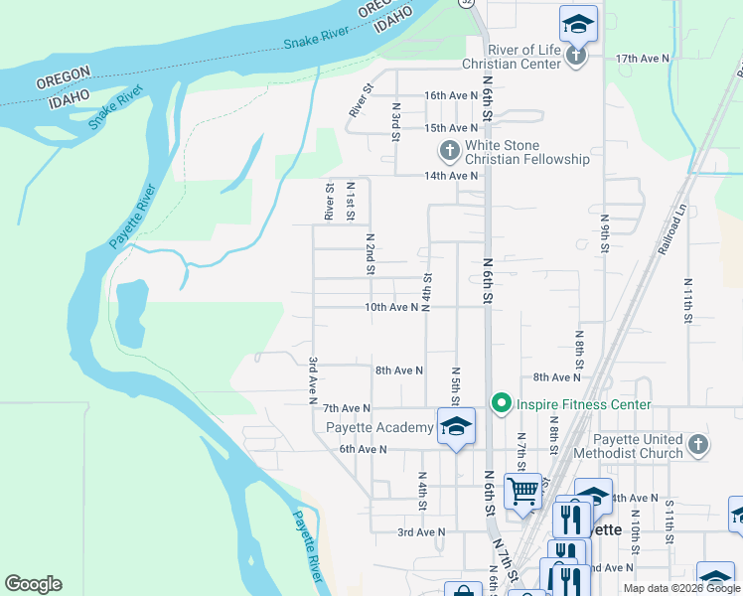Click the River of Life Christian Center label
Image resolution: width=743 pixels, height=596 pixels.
tap(512, 57)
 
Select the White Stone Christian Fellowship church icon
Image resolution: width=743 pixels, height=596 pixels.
tap(449, 151)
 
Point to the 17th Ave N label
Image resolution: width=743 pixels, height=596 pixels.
tap(643, 59)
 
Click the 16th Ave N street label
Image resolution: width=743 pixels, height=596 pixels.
tap(451, 95)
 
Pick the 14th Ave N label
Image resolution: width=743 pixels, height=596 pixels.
tap(451, 176)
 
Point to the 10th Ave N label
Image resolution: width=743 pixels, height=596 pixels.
tap(391, 308)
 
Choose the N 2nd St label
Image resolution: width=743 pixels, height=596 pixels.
tap(370, 253)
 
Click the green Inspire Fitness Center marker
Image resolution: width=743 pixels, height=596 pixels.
tap(502, 403)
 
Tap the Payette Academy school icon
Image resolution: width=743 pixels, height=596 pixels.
tap(456, 426)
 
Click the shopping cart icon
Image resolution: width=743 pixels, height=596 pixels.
tap(522, 490)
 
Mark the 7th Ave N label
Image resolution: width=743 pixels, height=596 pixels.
tap(347, 408)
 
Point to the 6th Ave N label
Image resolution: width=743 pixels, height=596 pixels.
tap(362, 449)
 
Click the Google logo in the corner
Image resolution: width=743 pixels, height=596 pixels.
tap(33, 584)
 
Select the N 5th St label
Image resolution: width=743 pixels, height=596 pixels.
tap(455, 384)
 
